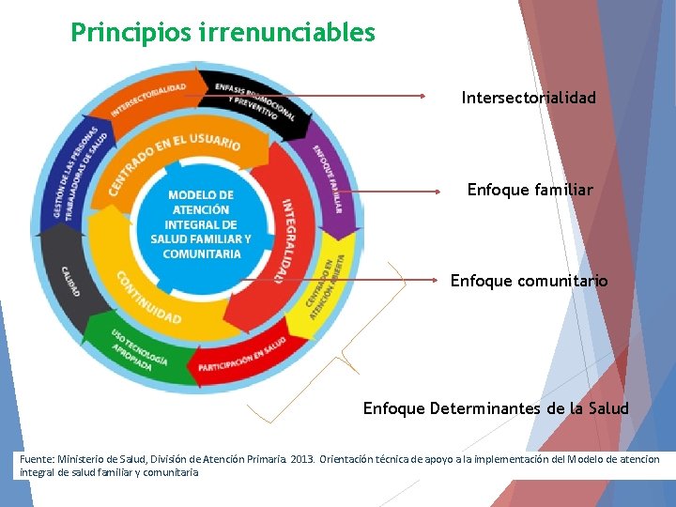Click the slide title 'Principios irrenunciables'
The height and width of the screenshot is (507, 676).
(x=223, y=33)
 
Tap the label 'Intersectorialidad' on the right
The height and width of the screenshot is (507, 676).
(x=529, y=98)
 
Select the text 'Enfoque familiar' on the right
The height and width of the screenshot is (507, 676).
(x=530, y=190)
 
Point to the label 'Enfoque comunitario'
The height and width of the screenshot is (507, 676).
(x=529, y=281)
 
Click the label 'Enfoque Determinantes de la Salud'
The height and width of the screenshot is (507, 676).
(x=496, y=408)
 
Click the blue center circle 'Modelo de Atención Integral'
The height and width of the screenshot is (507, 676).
(x=200, y=224)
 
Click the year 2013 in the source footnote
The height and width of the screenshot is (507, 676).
(x=301, y=459)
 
